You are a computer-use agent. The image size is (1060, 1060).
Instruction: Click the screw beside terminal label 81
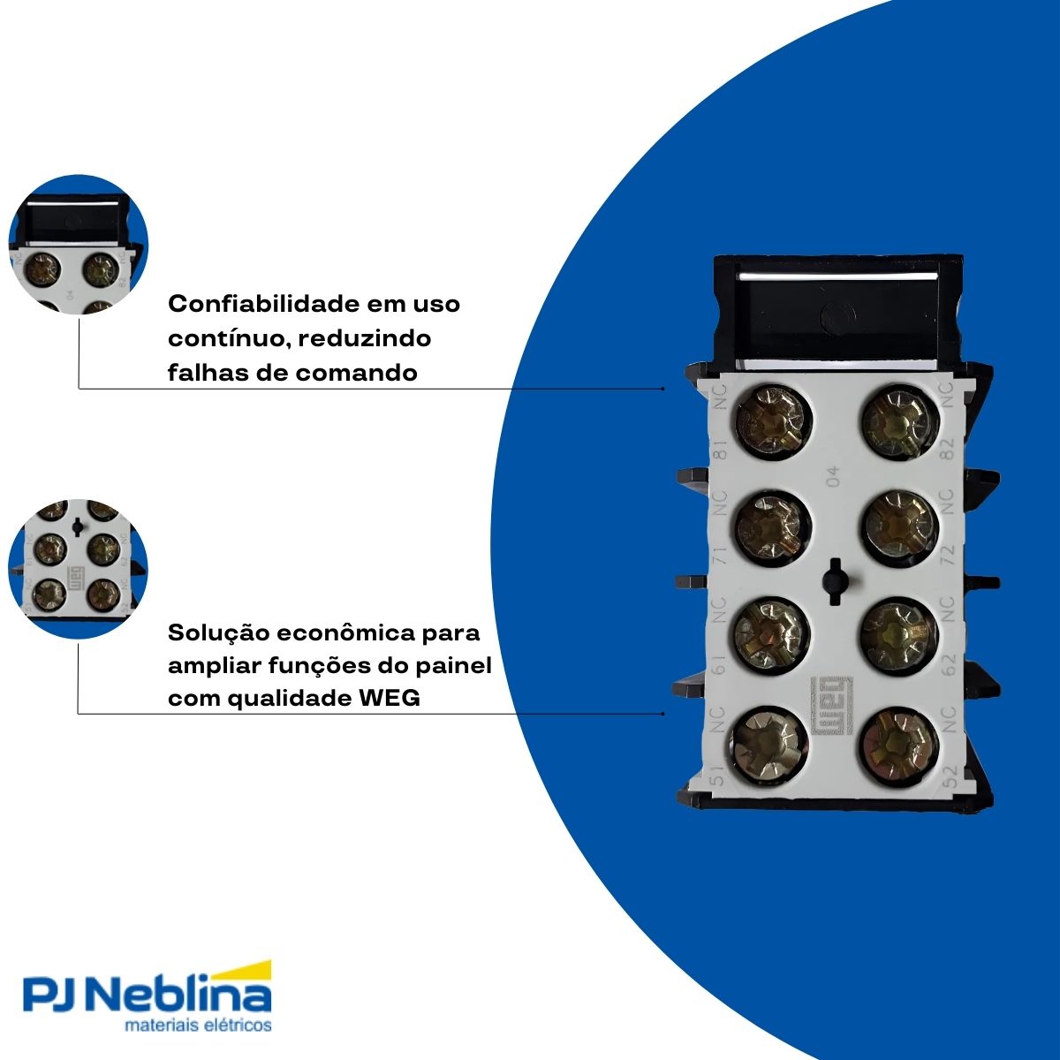773,421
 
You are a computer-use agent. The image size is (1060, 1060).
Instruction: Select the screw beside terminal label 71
771,527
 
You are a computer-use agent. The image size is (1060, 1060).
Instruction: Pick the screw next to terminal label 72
898,527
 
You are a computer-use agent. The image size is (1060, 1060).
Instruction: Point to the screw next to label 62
898,634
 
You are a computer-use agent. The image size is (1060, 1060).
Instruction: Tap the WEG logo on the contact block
830,705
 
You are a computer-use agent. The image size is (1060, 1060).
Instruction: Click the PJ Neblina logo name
146,996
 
